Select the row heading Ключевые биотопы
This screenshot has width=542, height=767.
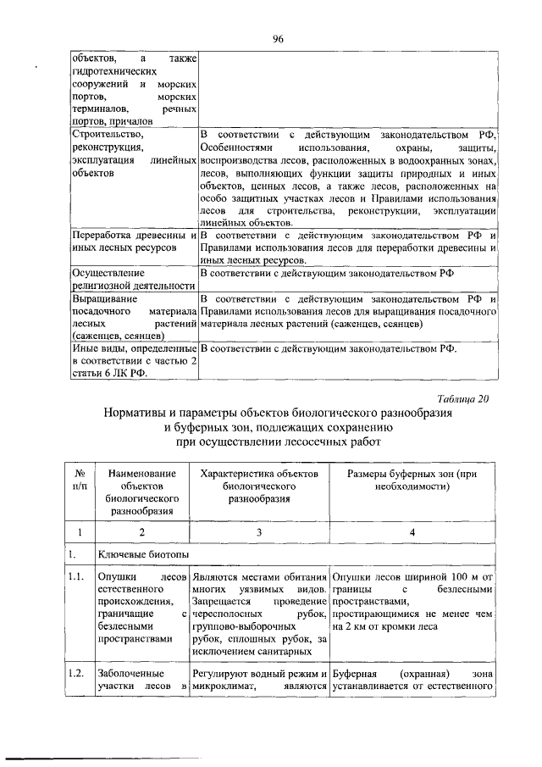coord(135,556)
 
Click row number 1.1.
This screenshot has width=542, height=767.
coord(79,577)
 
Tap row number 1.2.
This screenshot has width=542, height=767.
coord(79,671)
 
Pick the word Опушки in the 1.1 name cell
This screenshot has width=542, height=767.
coord(116,577)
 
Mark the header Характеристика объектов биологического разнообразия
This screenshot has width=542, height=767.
coord(258,481)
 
